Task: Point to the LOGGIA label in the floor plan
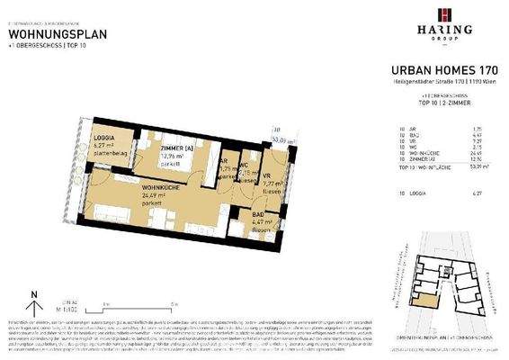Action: [x=106, y=136]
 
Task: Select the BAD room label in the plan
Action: [x=235, y=213]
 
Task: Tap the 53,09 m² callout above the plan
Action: [x=285, y=140]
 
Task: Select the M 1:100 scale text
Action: [x=65, y=309]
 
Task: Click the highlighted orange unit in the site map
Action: [x=421, y=307]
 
